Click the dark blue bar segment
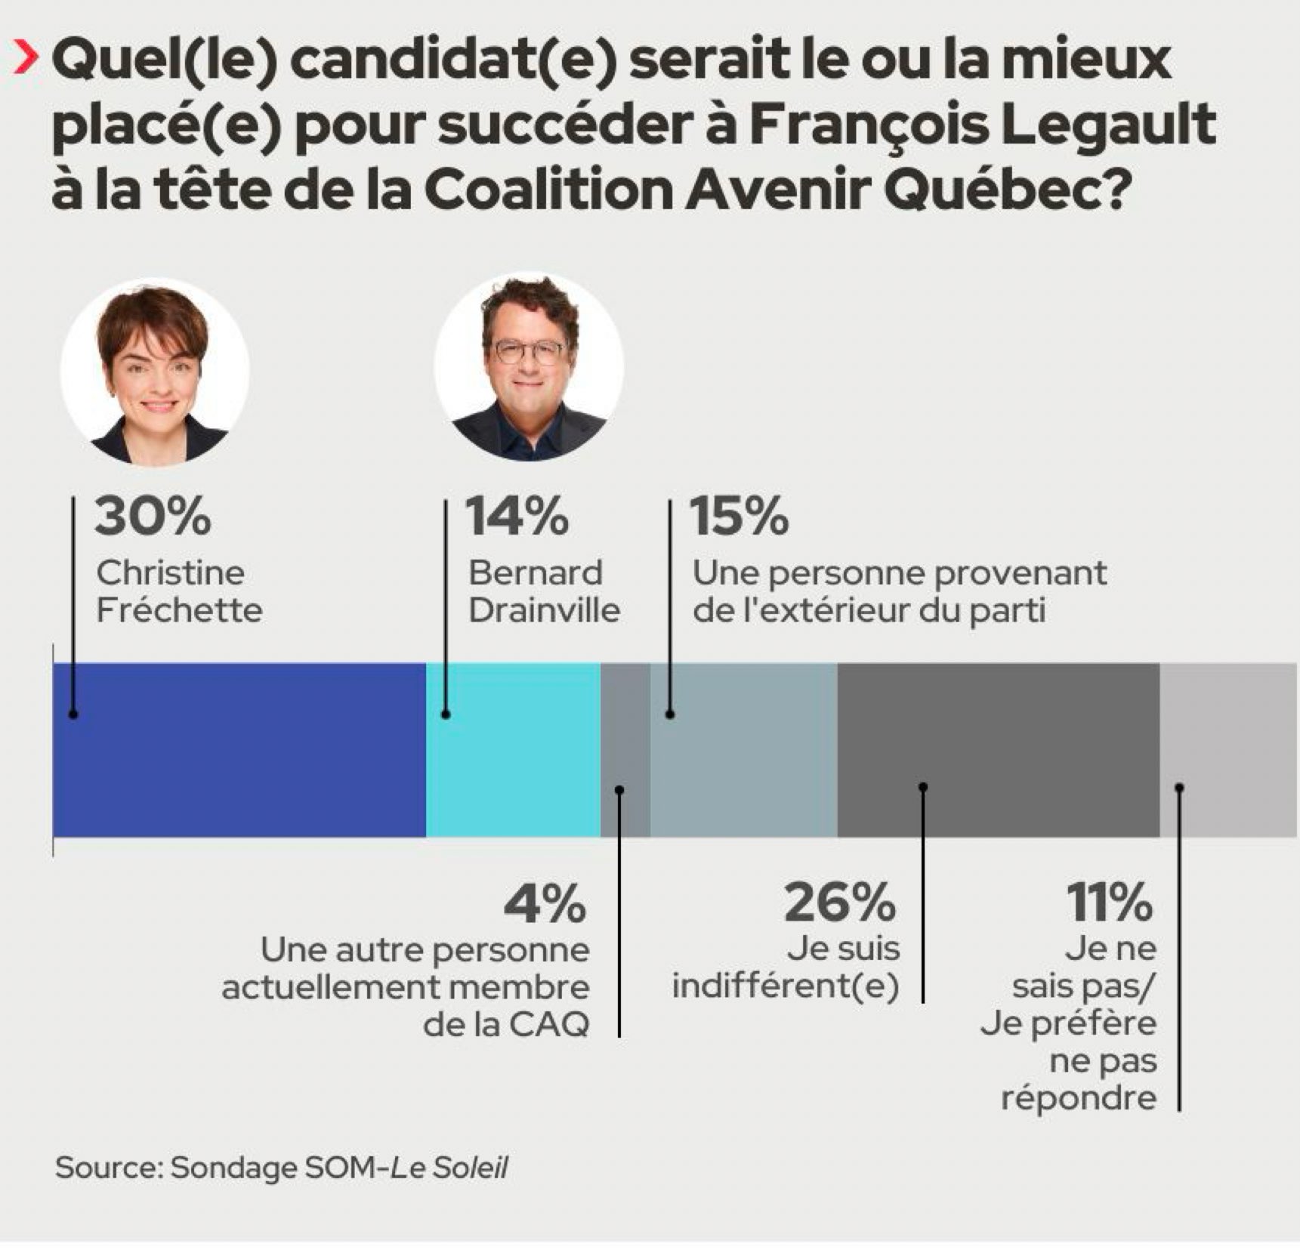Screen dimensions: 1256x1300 (239, 749)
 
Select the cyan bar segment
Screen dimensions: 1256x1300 (513, 749)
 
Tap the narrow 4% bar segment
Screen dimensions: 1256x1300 (625, 749)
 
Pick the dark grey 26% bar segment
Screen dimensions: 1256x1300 (998, 749)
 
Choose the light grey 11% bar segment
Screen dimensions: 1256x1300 (1227, 749)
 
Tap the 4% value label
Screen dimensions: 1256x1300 (545, 903)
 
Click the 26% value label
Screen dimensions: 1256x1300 (840, 903)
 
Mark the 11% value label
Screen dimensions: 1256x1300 (1110, 903)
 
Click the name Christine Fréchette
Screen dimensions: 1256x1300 (178, 591)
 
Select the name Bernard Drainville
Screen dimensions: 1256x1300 (544, 591)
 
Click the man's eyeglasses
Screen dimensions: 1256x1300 (530, 351)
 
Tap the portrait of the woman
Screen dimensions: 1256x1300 (156, 372)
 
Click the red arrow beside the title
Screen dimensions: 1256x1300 (26, 60)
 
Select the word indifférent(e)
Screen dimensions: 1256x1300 (786, 986)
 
